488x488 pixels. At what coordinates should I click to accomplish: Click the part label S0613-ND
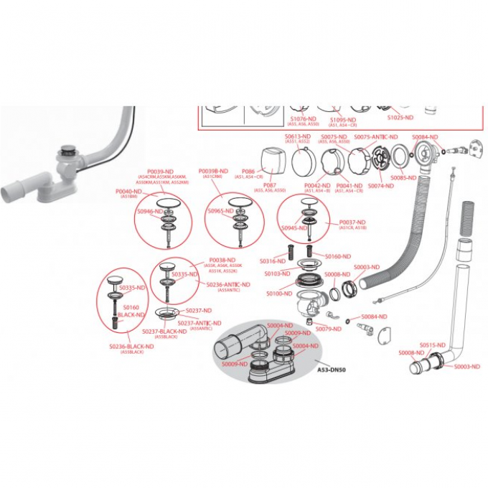[x=297, y=136]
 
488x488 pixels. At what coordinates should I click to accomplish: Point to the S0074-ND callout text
[x=381, y=185]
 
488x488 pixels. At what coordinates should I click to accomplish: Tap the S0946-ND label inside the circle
[x=150, y=212]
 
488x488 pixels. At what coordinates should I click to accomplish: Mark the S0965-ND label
[x=221, y=212]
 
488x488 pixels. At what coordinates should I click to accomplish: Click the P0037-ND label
[x=352, y=222]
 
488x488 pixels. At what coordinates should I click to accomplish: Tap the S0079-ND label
[x=328, y=329]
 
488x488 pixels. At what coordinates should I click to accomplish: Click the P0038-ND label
[x=222, y=260]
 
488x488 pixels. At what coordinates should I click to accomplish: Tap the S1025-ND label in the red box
[x=400, y=117]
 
